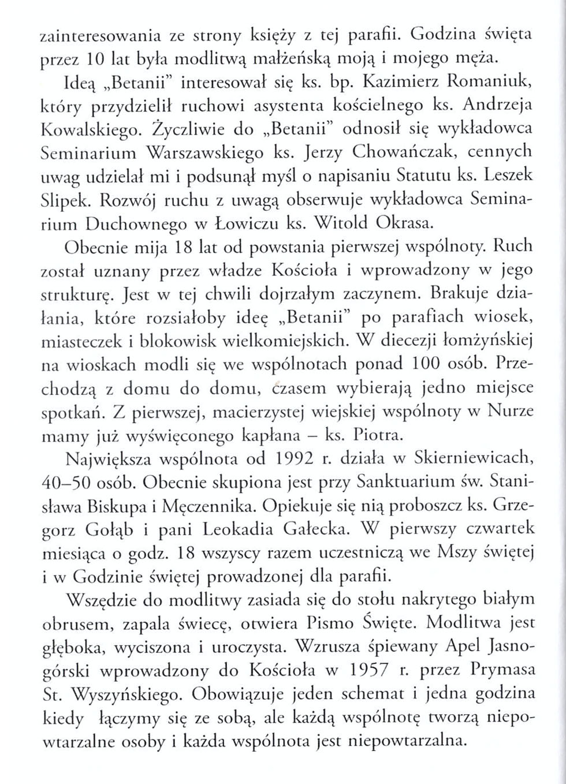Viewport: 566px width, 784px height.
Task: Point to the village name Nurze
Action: [x=509, y=411]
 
